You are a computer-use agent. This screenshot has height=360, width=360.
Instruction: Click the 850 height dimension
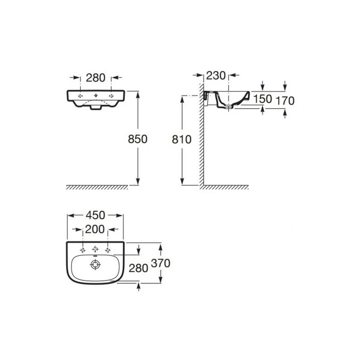tap(138, 139)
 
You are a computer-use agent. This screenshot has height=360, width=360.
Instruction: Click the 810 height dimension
tap(181, 139)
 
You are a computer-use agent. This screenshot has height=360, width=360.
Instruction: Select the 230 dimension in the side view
tap(216, 75)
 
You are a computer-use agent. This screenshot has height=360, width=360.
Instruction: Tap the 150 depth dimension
tap(262, 99)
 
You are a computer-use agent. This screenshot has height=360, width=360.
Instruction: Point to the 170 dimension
tap(285, 101)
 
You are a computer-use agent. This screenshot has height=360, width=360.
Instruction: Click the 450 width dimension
tap(95, 215)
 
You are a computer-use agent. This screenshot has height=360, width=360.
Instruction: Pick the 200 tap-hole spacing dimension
tap(95, 229)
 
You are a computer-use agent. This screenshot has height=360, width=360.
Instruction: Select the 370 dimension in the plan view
tap(161, 263)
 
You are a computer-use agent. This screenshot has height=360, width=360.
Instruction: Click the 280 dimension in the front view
tap(95, 78)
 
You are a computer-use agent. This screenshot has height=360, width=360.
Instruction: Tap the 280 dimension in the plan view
tap(138, 268)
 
